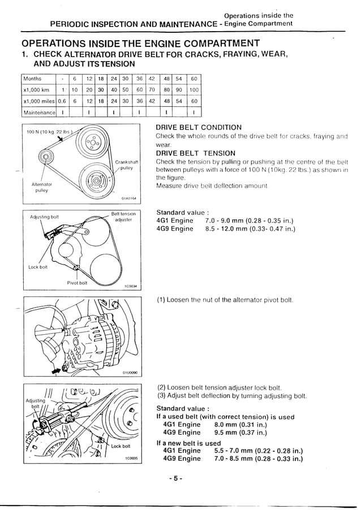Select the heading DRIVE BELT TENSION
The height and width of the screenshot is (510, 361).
pyautogui.click(x=195, y=153)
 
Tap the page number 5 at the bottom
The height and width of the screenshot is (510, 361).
pyautogui.click(x=176, y=478)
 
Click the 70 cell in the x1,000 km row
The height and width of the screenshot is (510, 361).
pyautogui.click(x=152, y=90)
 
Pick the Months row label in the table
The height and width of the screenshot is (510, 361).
pyautogui.click(x=33, y=79)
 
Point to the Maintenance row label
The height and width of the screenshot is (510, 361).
pyautogui.click(x=37, y=112)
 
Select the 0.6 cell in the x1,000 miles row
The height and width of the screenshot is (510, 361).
pyautogui.click(x=62, y=101)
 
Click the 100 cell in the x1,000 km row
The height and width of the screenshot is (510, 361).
pyautogui.click(x=194, y=90)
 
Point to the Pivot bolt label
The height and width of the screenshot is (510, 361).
pyautogui.click(x=76, y=282)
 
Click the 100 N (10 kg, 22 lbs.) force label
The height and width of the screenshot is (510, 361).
pyautogui.click(x=50, y=132)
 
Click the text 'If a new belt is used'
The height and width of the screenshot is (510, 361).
pyautogui.click(x=188, y=443)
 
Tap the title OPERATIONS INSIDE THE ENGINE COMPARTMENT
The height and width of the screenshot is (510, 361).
pyautogui.click(x=140, y=44)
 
